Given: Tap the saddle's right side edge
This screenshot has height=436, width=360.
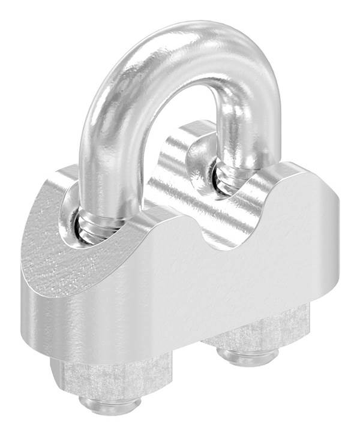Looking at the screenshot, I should pos(334,240).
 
